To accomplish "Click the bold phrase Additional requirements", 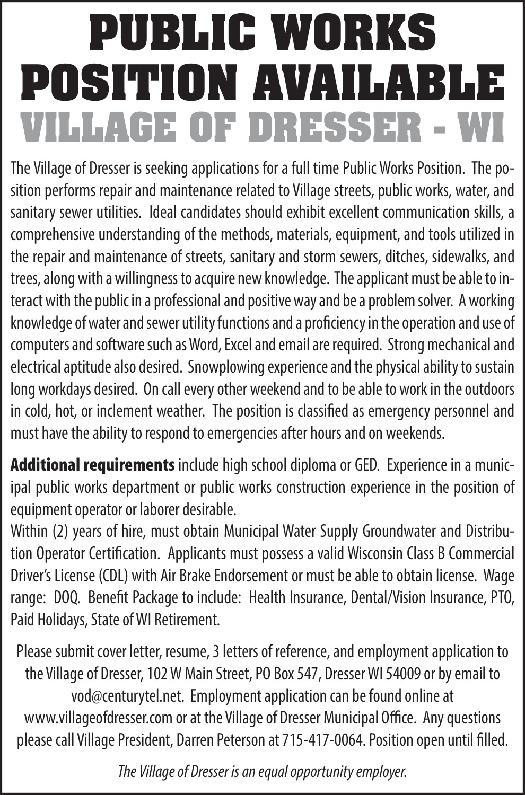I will pyautogui.click(x=93, y=465).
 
